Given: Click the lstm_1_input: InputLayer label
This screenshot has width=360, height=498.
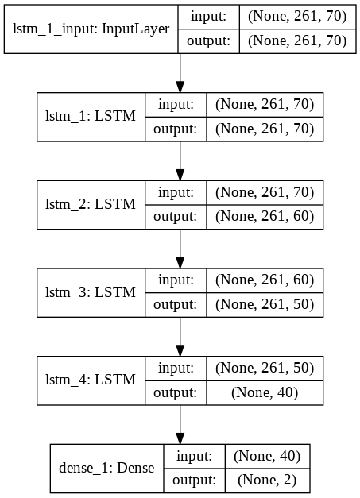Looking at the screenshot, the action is click(91, 29).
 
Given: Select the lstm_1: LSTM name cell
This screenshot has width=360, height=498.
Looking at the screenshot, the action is click(91, 116).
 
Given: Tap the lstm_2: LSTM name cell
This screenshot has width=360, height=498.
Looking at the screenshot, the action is click(91, 204).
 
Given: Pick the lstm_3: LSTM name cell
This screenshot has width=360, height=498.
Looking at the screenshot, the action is click(91, 292).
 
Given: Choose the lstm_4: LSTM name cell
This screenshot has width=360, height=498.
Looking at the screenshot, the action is click(91, 380).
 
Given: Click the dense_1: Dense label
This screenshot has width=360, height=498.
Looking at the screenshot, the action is click(106, 468).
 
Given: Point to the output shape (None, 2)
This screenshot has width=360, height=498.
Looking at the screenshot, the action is click(267, 481).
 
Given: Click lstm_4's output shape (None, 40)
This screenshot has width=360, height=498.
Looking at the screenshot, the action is click(265, 392).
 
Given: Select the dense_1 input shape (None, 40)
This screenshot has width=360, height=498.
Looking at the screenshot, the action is click(267, 456).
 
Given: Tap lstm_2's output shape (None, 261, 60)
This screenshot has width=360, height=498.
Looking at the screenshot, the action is click(265, 217).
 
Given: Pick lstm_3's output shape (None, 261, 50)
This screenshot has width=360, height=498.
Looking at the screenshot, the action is click(265, 304).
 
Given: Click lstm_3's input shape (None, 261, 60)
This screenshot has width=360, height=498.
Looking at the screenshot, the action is click(265, 280).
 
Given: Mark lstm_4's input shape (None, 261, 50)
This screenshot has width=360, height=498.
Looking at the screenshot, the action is click(265, 368).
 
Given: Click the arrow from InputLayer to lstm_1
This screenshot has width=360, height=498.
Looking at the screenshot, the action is click(180, 73).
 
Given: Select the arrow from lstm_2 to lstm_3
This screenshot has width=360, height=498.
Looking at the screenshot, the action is click(180, 249).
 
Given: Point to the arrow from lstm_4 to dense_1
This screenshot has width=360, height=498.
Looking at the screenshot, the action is click(180, 425).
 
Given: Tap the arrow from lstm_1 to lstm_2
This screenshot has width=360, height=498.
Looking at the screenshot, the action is click(180, 161).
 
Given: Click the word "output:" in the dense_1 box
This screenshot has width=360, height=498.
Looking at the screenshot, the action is click(194, 481).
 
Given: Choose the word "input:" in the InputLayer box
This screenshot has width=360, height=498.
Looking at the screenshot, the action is click(208, 17).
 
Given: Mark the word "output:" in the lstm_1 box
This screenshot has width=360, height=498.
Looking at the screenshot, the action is click(175, 129).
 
